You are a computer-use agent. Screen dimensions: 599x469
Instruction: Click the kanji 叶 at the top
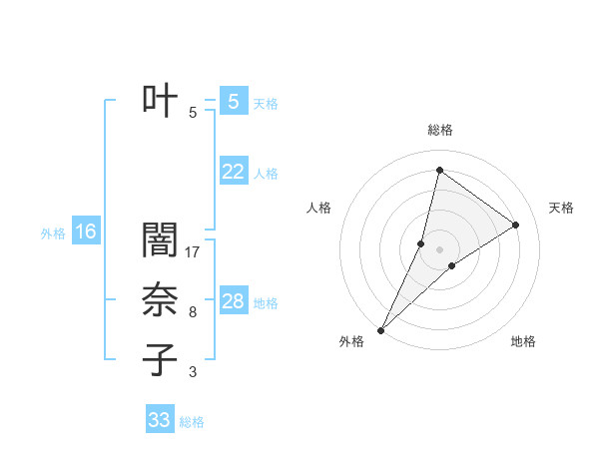160,100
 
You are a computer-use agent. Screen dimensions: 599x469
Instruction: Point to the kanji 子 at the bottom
160,360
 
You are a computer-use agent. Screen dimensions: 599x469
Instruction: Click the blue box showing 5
233,101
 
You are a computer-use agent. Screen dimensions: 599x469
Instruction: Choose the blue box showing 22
233,172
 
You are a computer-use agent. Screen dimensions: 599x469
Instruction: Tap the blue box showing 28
233,301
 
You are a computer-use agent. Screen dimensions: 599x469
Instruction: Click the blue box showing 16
85,233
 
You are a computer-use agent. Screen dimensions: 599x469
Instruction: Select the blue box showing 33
160,420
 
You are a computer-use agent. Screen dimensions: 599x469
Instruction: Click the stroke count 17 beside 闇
194,252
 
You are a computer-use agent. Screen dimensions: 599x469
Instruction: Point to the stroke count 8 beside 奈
193,312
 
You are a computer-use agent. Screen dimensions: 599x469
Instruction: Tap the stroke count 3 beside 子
193,372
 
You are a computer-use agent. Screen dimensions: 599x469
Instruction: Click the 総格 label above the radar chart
439,131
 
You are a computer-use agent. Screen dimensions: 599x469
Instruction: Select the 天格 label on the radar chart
561,208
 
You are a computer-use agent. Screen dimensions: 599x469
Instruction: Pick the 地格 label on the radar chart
523,341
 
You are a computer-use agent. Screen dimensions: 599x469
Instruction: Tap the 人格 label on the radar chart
317,208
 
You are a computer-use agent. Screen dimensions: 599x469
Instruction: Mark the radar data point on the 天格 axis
516,225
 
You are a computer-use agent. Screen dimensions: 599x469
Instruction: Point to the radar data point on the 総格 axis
439,170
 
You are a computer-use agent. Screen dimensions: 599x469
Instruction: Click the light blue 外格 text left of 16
53,234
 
